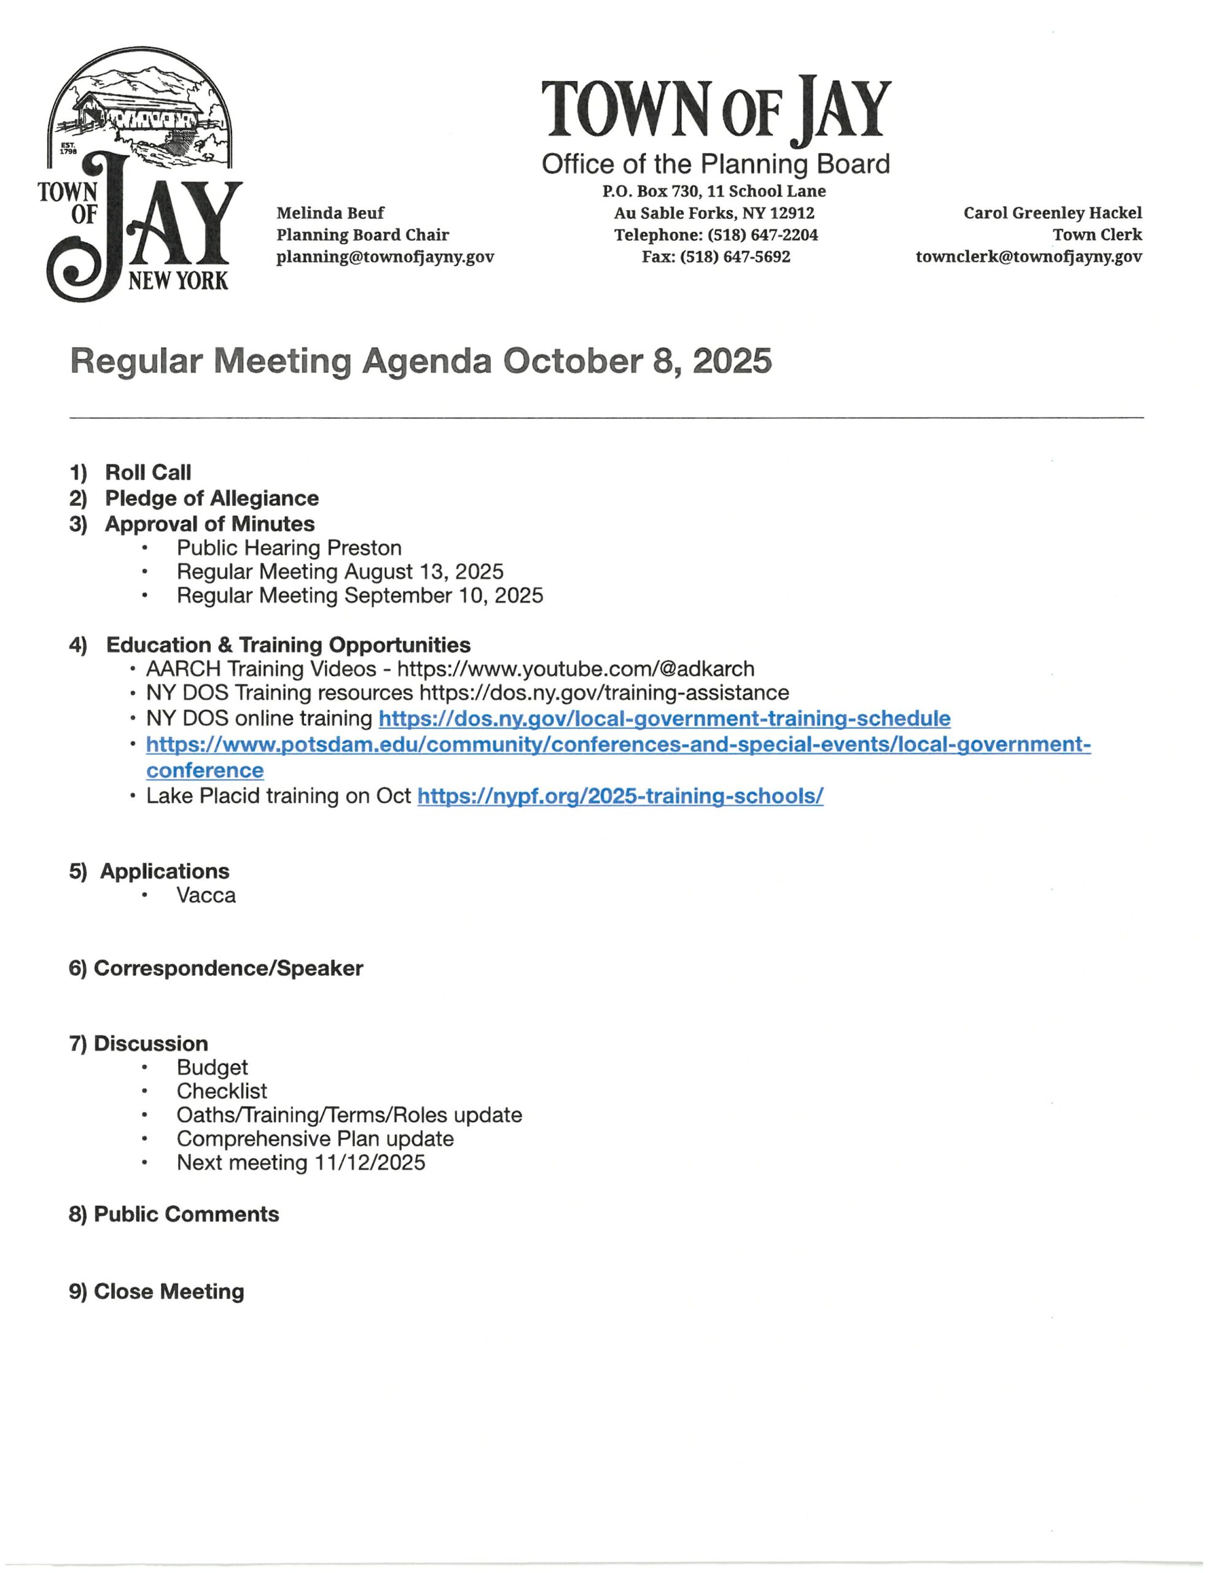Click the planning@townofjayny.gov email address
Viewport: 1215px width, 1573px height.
pyautogui.click(x=385, y=257)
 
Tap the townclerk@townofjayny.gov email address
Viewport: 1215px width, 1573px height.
pyautogui.click(x=1028, y=257)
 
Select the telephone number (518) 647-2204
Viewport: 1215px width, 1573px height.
pyautogui.click(x=762, y=235)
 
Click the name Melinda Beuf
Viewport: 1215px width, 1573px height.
pyautogui.click(x=330, y=213)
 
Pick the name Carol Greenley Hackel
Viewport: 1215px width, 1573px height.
pyautogui.click(x=1052, y=213)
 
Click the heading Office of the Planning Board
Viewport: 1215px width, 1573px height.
pyautogui.click(x=715, y=164)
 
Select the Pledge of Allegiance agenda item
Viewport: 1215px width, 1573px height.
pyautogui.click(x=212, y=498)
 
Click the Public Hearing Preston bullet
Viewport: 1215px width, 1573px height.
pyautogui.click(x=289, y=548)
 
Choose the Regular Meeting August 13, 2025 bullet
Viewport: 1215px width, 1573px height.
pyautogui.click(x=340, y=572)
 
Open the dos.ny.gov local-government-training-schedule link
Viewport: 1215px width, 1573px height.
pyautogui.click(x=664, y=719)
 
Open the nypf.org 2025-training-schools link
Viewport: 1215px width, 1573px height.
pyautogui.click(x=620, y=796)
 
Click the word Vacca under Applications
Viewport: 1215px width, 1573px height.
pyautogui.click(x=206, y=895)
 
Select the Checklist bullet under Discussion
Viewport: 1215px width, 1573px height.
pyautogui.click(x=222, y=1091)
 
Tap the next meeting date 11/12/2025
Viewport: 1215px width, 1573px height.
pyautogui.click(x=369, y=1163)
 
